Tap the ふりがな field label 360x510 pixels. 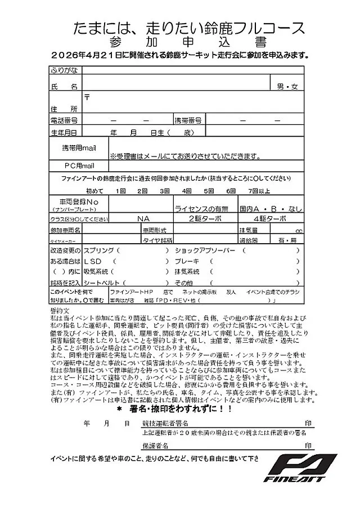pos(64,70)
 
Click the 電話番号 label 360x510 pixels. pos(64,120)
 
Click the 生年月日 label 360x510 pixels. pos(64,133)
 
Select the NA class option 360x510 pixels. pos(143,218)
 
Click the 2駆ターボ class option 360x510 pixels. pos(205,218)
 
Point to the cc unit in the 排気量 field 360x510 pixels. pos(298,230)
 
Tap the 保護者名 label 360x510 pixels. pos(156,445)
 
